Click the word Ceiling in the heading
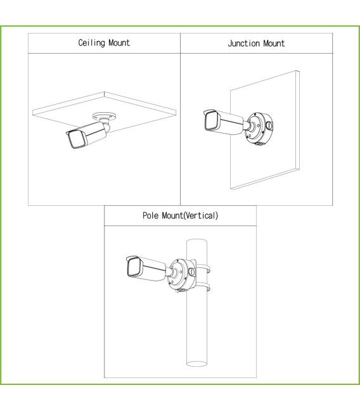tap(91, 42)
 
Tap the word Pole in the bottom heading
tap(151, 215)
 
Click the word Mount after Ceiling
tap(119, 42)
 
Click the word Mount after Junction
tap(274, 43)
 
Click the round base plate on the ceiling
tap(105, 117)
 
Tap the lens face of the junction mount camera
tap(211, 121)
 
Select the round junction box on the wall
tap(259, 129)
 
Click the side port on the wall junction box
tap(269, 125)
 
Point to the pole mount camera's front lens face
tap(134, 267)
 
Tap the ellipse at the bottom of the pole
tap(196, 364)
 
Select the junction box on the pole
tap(182, 275)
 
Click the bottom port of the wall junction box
tap(259, 143)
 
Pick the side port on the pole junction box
tap(192, 272)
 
